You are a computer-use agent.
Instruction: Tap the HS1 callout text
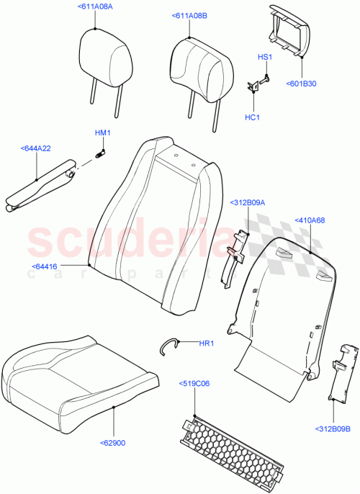coord(264,56)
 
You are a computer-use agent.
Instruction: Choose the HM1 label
coord(102,133)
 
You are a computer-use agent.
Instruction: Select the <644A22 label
coord(35,149)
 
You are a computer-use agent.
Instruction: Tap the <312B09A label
coord(248,202)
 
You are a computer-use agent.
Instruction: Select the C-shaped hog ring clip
coord(170,346)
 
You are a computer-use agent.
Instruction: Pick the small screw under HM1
coord(101,151)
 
